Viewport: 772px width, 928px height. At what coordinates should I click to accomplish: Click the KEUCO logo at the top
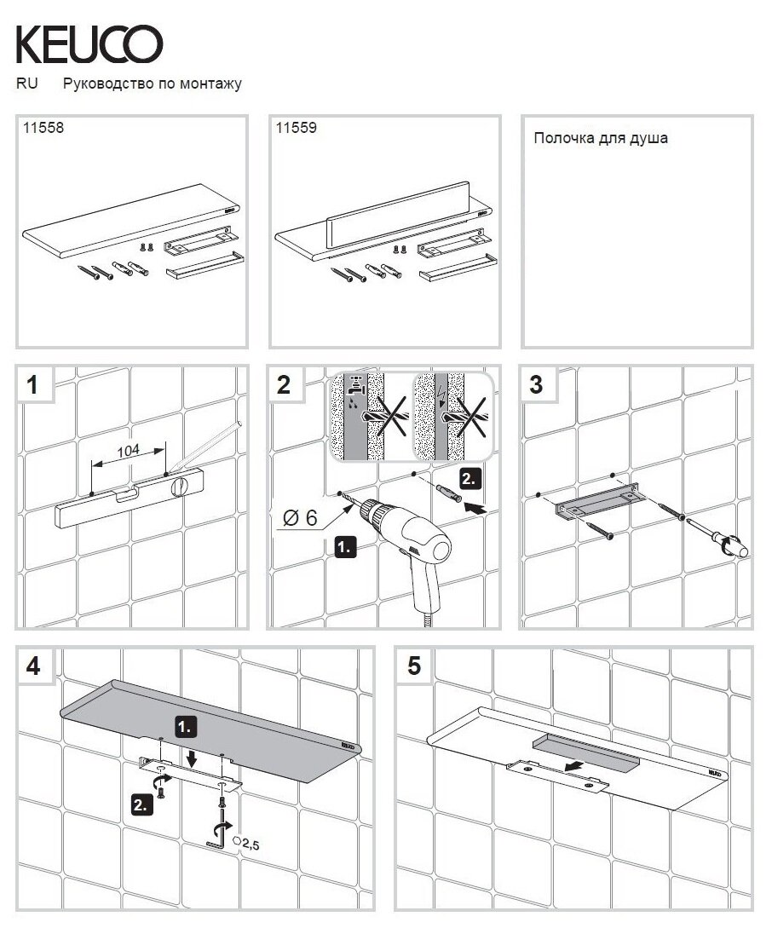tap(89, 43)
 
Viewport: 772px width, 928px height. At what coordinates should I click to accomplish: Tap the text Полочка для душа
tap(600, 138)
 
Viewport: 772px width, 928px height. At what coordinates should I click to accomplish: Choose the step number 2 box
tap(284, 385)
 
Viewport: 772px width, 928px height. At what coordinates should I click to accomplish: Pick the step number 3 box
tap(536, 385)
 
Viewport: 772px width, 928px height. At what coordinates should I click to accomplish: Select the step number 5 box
tap(414, 666)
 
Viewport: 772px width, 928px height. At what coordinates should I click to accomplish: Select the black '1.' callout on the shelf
tap(187, 726)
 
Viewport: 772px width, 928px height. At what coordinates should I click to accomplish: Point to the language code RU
tap(26, 84)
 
